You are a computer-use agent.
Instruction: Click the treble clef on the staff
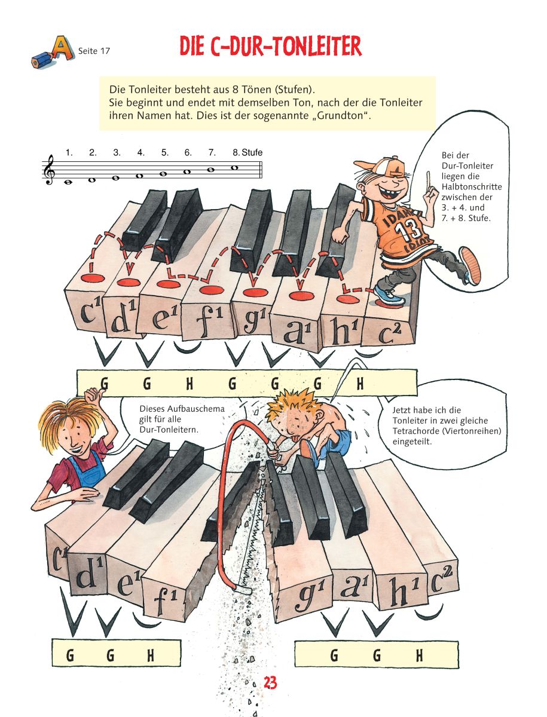[50, 170]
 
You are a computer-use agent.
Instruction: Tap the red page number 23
[270, 683]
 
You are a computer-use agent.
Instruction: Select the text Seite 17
[94, 51]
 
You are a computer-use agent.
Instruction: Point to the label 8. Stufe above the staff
[247, 152]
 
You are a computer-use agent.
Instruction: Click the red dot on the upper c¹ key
[93, 278]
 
